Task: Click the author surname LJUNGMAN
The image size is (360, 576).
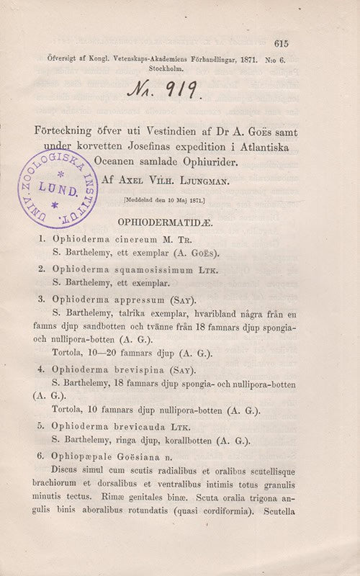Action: (x=202, y=182)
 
